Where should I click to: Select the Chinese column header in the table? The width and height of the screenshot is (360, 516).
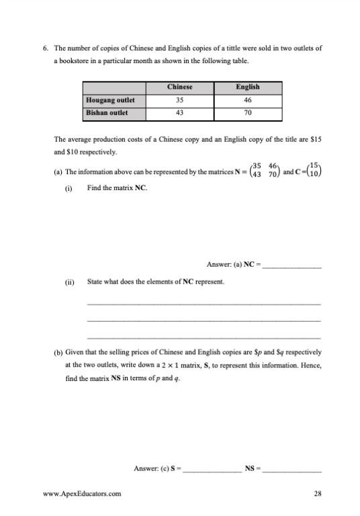pyautogui.click(x=179, y=87)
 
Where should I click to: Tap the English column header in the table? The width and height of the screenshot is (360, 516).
pyautogui.click(x=248, y=87)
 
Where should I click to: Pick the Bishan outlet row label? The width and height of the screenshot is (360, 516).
pyautogui.click(x=107, y=113)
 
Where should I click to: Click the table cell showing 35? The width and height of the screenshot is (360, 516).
pyautogui.click(x=179, y=100)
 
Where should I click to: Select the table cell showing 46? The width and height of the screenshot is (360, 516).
pyautogui.click(x=248, y=100)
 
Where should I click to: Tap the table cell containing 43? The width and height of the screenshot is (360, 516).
pyautogui.click(x=179, y=113)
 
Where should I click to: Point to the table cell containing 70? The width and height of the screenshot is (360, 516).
pyautogui.click(x=248, y=113)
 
